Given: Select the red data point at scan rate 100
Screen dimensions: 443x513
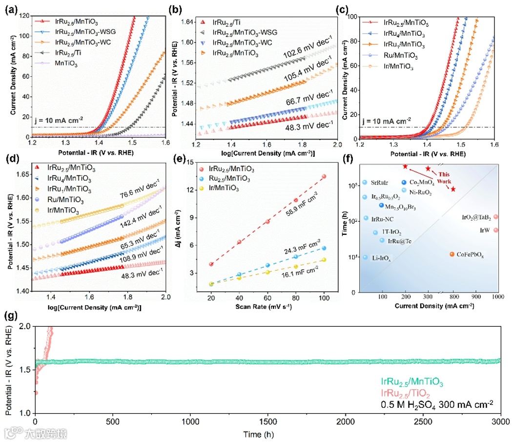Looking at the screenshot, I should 324,176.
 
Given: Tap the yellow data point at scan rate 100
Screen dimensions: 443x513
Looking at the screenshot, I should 324,260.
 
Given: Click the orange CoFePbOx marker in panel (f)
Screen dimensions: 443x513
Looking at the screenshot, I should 451,254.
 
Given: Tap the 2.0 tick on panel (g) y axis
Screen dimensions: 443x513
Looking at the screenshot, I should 22,326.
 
